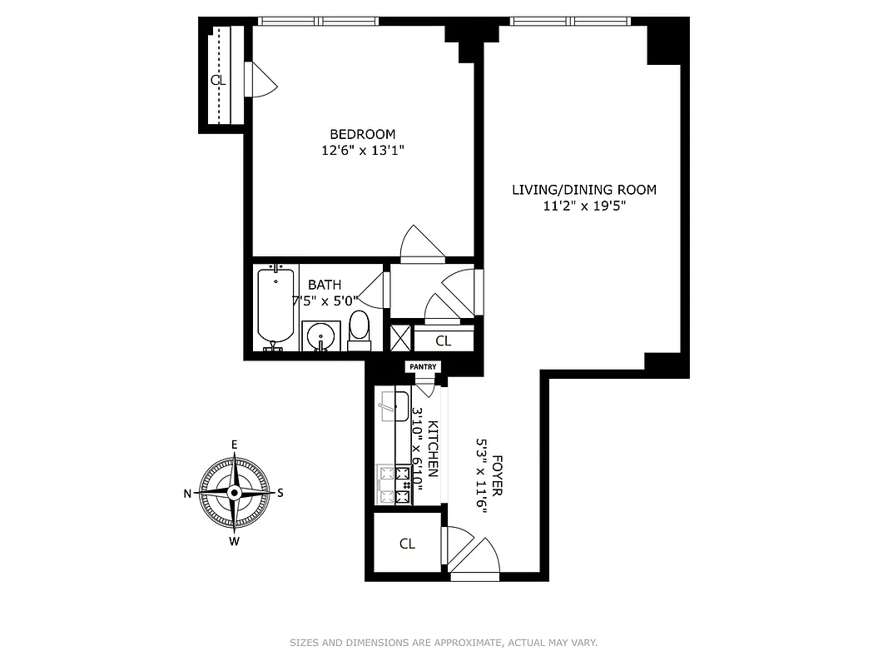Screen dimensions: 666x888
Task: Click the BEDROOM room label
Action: (362, 134)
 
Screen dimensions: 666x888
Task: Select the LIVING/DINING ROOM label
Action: (583, 190)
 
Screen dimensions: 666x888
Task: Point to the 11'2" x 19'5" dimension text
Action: (583, 206)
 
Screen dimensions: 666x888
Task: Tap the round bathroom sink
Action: (320, 336)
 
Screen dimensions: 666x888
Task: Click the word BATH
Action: (325, 285)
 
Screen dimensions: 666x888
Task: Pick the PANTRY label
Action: (422, 367)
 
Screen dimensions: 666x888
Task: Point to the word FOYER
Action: (497, 475)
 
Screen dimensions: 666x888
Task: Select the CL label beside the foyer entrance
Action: (407, 544)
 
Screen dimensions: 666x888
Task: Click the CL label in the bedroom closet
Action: (218, 81)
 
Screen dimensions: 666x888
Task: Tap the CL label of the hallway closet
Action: (444, 340)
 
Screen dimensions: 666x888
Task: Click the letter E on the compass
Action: (235, 444)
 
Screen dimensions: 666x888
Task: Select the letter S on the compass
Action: (280, 492)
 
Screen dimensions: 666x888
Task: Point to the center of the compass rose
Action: (235, 492)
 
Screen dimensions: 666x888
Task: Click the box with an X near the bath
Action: (400, 338)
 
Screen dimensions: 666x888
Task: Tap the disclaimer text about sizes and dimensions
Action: (444, 643)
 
